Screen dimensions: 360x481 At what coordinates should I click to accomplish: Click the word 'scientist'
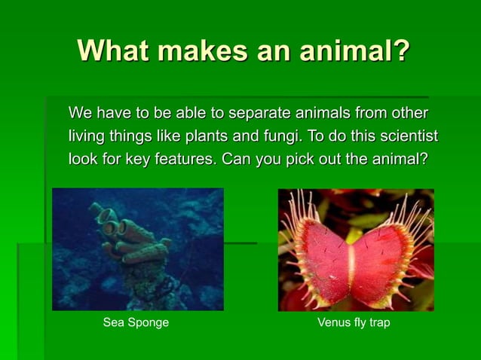pyautogui.click(x=407, y=136)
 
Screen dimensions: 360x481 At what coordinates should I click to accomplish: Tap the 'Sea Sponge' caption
pyautogui.click(x=136, y=322)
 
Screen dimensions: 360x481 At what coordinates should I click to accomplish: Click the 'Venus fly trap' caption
pyautogui.click(x=354, y=322)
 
